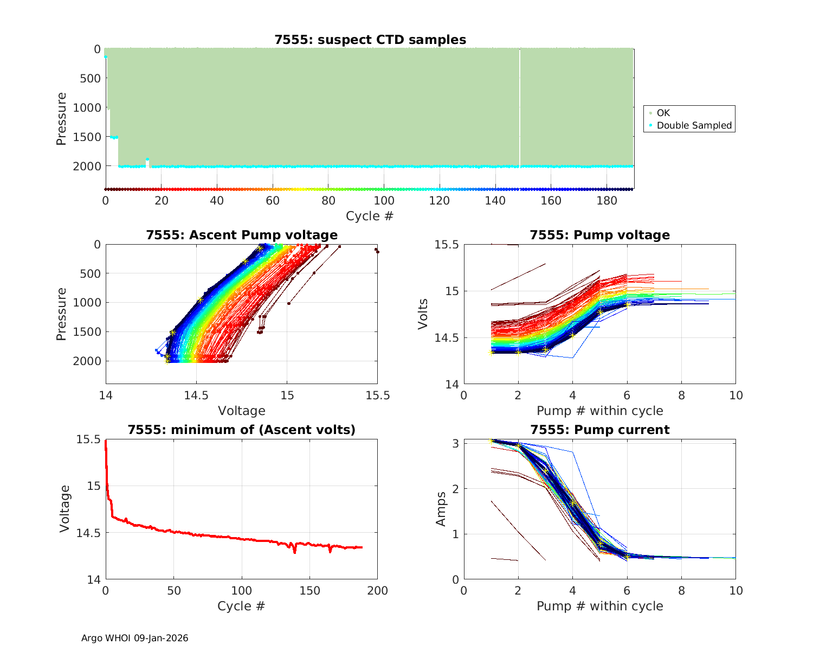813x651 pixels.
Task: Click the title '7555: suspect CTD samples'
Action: pos(370,40)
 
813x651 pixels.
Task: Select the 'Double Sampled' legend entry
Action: pos(694,125)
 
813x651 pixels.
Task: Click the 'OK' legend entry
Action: pos(663,113)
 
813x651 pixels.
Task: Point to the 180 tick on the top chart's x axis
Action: pos(607,200)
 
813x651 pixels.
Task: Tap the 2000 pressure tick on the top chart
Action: pos(87,166)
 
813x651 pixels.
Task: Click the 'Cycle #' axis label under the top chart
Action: pos(370,216)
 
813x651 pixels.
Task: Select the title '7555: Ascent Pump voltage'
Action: pos(242,235)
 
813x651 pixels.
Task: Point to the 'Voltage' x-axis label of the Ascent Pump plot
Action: pos(242,411)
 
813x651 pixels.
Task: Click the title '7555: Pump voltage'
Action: pos(599,235)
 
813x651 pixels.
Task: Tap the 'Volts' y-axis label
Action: pos(423,314)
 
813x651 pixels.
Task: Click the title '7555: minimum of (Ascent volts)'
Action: pos(242,430)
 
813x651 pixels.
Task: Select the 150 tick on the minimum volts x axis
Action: pos(309,590)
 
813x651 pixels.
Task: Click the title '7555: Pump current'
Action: pos(599,430)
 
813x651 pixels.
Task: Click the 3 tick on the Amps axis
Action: pos(455,443)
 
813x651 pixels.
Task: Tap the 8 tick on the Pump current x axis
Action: pos(681,590)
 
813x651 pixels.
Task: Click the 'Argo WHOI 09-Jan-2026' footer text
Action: pos(134,638)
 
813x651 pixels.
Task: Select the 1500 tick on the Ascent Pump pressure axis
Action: pos(87,332)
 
